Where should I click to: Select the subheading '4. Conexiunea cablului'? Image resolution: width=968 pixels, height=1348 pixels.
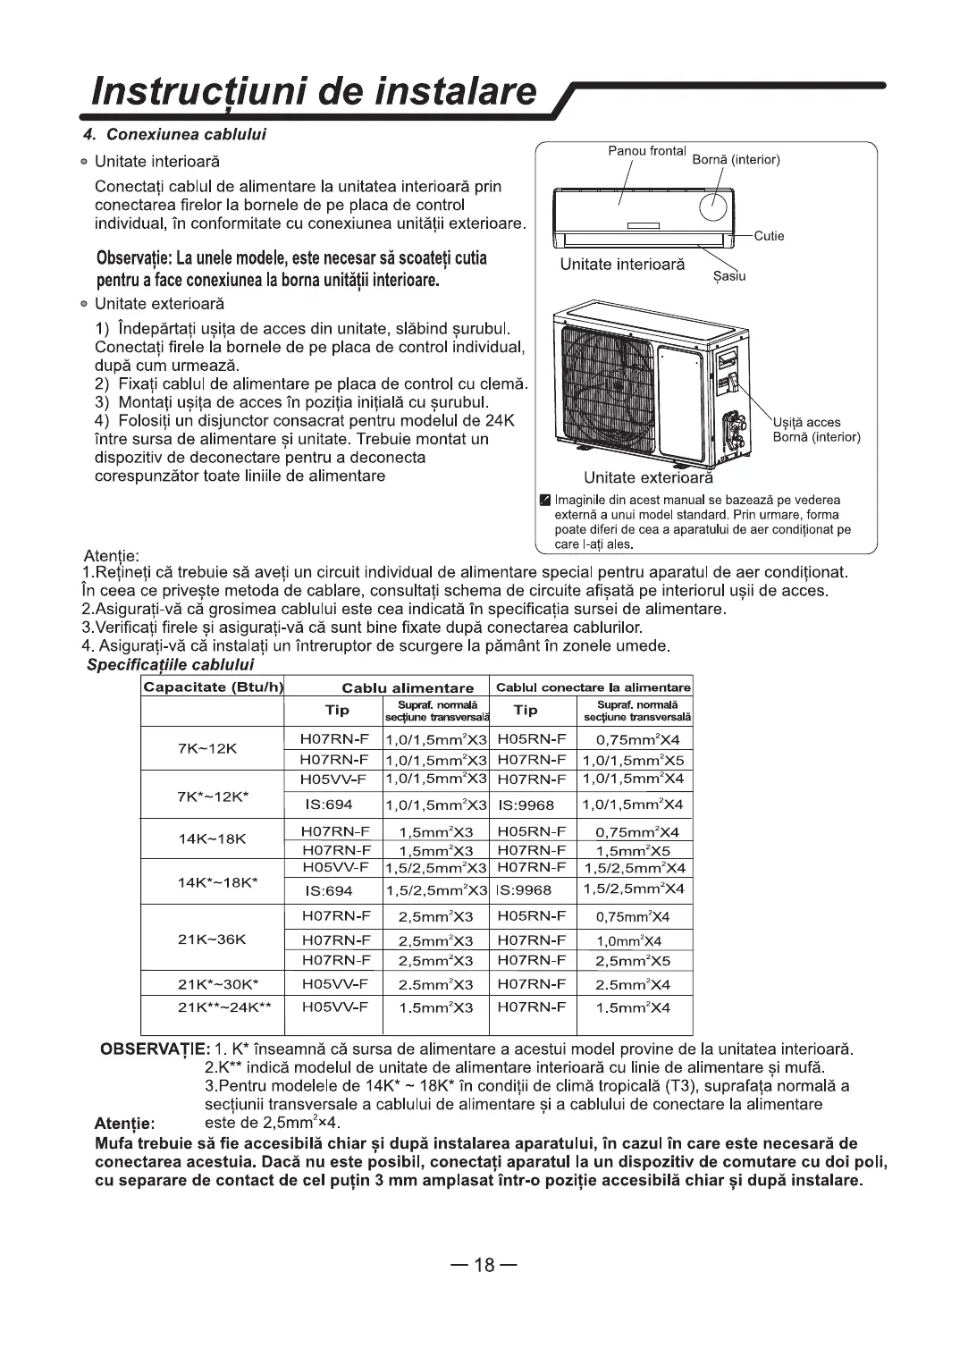click(x=186, y=135)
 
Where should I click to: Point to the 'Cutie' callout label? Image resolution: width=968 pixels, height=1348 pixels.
click(x=769, y=236)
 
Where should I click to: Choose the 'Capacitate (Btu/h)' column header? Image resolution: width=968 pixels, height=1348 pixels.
click(x=201, y=687)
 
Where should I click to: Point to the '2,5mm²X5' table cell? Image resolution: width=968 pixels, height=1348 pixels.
click(x=633, y=962)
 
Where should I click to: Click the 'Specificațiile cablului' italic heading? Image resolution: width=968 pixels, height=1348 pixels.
click(x=170, y=665)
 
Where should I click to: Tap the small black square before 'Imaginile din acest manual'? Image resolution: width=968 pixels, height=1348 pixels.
click(x=544, y=500)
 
